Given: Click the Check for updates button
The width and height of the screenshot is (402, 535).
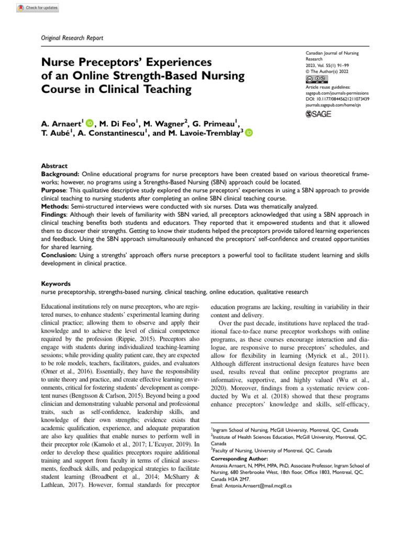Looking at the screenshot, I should point(38,8).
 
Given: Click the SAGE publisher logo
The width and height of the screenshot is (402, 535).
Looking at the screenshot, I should point(318,114).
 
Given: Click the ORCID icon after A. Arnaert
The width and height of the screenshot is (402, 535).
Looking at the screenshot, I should point(90,123).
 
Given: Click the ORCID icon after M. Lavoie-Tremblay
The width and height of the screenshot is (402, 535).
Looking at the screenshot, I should point(248,133).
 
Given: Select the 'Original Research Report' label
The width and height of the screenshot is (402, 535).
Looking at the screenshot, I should point(72,38).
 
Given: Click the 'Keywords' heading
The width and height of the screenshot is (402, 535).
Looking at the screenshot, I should point(55,284).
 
